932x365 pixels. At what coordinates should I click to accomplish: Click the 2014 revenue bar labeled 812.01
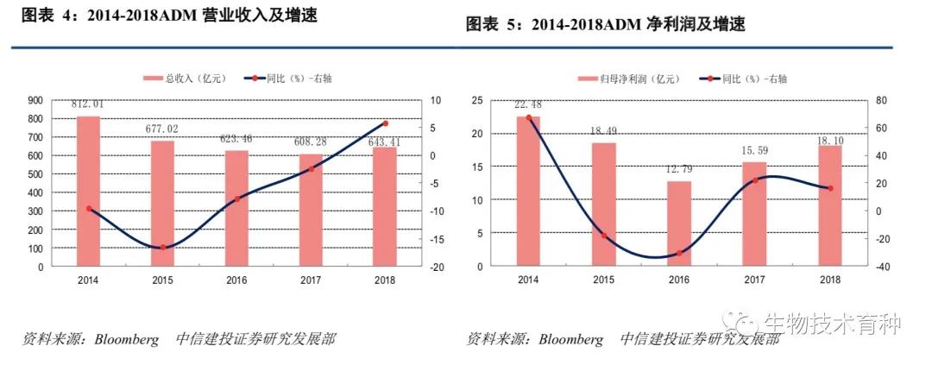pos(88,191)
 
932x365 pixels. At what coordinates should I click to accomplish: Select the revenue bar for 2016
pos(236,208)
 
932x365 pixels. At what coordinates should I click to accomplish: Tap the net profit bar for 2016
pos(679,223)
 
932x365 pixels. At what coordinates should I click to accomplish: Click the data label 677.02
pos(162,130)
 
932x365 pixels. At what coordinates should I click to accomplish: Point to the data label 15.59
pos(754,152)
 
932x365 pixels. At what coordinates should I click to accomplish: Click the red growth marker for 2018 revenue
pos(385,123)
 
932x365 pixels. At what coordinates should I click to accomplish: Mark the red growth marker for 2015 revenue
pos(162,248)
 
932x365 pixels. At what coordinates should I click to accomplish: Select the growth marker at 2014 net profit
pos(529,118)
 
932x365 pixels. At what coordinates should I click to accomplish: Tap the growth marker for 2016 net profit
pos(679,253)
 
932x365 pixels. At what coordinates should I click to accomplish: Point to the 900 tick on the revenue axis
pos(35,100)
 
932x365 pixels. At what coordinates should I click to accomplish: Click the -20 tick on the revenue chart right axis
pos(437,267)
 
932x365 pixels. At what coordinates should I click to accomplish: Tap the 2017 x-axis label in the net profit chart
pos(754,280)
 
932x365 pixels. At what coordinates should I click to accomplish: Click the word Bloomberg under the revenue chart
pos(128,339)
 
